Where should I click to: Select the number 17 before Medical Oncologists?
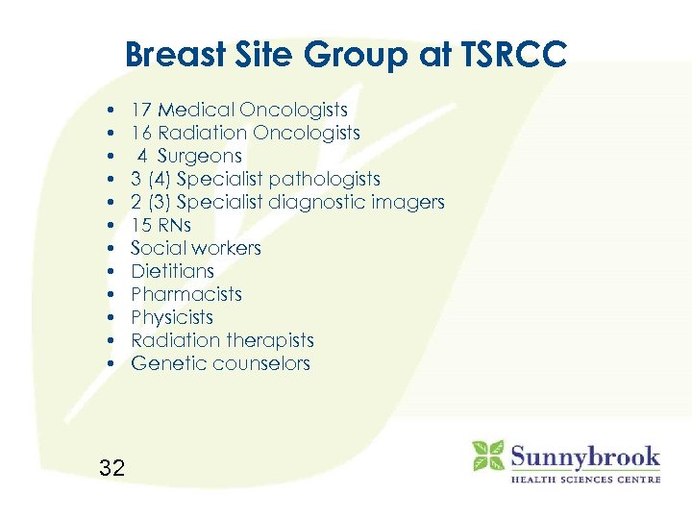pyautogui.click(x=141, y=111)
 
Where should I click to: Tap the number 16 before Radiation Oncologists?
pyautogui.click(x=141, y=133)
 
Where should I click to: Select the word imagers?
pyautogui.click(x=408, y=202)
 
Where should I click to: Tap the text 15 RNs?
pyautogui.click(x=161, y=225)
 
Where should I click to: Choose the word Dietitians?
pyautogui.click(x=172, y=271)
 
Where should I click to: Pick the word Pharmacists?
pyautogui.click(x=185, y=294)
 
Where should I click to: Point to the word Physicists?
pyautogui.click(x=171, y=317)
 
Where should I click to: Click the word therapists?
pyautogui.click(x=268, y=340)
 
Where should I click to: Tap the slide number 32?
pyautogui.click(x=112, y=468)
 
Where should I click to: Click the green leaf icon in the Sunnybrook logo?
pyautogui.click(x=488, y=456)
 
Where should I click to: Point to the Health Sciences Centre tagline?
pyautogui.click(x=584, y=479)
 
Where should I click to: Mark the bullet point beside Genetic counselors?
pyautogui.click(x=112, y=363)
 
